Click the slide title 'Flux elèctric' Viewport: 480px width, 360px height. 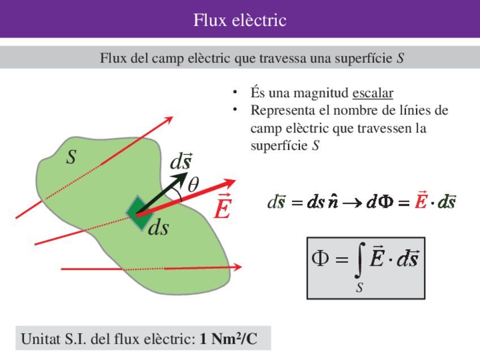(x=239, y=20)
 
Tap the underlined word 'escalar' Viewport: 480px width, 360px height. (x=372, y=93)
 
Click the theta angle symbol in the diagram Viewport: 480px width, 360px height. (x=194, y=185)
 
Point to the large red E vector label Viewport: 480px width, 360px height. (x=222, y=209)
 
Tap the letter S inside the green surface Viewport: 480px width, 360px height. (x=71, y=158)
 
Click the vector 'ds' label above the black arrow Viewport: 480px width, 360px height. (x=181, y=162)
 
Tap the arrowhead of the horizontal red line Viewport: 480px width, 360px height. (x=238, y=267)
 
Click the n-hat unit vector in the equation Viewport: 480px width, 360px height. (x=333, y=202)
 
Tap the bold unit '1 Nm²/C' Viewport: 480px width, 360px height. (x=229, y=340)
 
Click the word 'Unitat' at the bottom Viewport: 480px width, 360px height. (x=39, y=340)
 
